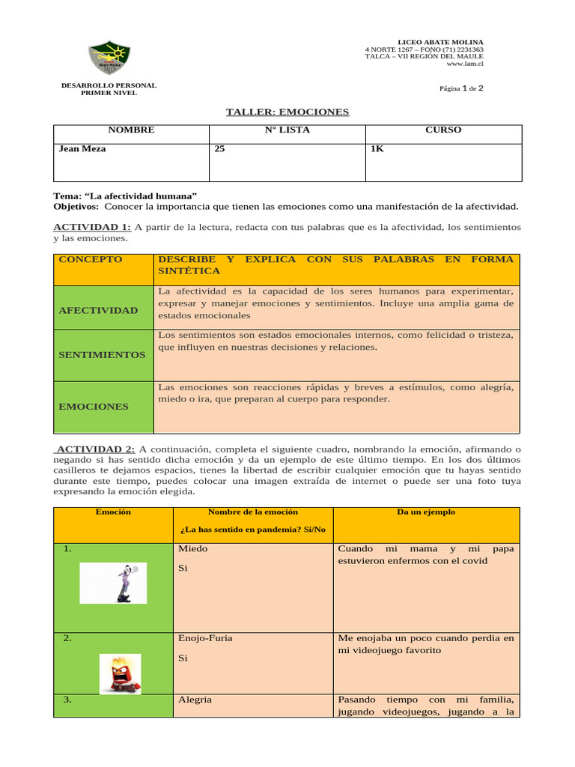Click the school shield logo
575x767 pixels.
point(109,58)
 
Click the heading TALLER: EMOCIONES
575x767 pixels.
point(287,112)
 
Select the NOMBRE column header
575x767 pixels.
point(131,130)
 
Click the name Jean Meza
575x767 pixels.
point(82,149)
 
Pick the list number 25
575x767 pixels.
point(219,149)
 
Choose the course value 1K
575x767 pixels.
point(377,149)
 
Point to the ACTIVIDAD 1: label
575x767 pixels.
point(92,227)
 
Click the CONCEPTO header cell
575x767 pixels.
point(90,260)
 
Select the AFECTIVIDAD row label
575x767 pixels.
point(98,310)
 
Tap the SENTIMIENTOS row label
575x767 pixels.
point(102,354)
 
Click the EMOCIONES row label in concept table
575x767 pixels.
point(94,407)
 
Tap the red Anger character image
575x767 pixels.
point(120,673)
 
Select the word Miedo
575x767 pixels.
point(193,549)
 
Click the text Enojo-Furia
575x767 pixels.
point(205,639)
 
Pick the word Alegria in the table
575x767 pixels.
point(195,700)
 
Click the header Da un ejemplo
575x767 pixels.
point(425,512)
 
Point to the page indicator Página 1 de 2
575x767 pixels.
point(462,88)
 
